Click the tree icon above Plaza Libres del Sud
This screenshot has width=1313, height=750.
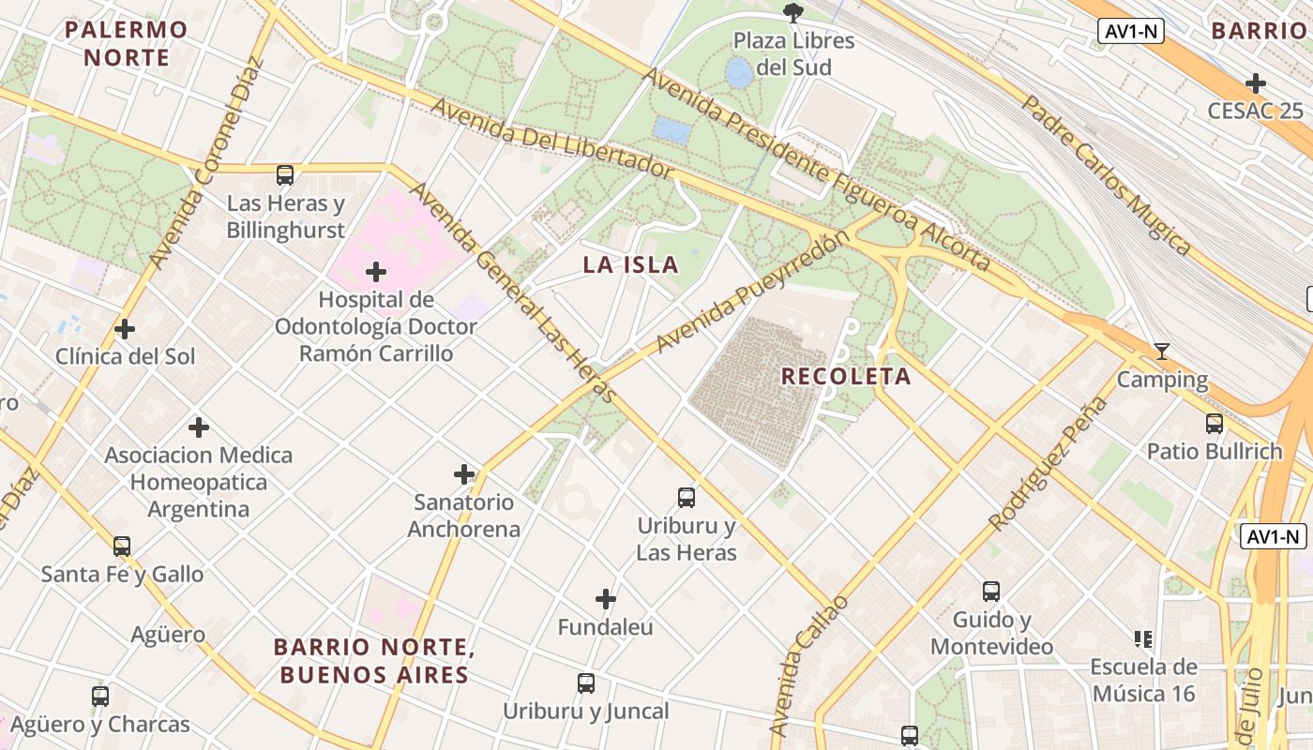pyautogui.click(x=793, y=12)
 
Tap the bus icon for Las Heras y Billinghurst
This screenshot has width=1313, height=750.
pyautogui.click(x=285, y=175)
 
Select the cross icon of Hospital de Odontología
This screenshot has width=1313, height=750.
pyautogui.click(x=376, y=273)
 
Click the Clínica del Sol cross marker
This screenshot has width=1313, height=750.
pyautogui.click(x=125, y=329)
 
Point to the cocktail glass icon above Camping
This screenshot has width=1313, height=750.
pyautogui.click(x=1162, y=352)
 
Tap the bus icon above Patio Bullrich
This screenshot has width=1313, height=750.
pyautogui.click(x=1215, y=424)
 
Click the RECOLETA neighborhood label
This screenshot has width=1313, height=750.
pyautogui.click(x=846, y=377)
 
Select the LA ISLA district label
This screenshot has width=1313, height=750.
pyautogui.click(x=630, y=264)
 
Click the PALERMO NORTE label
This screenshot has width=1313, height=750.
pyautogui.click(x=127, y=43)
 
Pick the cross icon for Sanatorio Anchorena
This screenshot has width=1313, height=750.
pyautogui.click(x=464, y=474)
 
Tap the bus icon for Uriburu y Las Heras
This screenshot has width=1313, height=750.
pyautogui.click(x=687, y=498)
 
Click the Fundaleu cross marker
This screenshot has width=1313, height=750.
pyautogui.click(x=606, y=598)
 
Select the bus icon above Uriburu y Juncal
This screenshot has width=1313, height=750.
pyautogui.click(x=586, y=683)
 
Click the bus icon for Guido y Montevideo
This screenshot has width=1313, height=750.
pyautogui.click(x=991, y=592)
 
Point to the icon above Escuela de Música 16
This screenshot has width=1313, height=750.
pyautogui.click(x=1143, y=639)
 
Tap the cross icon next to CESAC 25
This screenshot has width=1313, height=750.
pyautogui.click(x=1256, y=82)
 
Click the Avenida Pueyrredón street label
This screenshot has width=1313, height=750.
pyautogui.click(x=752, y=292)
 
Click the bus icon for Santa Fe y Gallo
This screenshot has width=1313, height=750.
pyautogui.click(x=122, y=546)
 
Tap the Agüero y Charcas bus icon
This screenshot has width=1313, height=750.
pyautogui.click(x=100, y=697)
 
